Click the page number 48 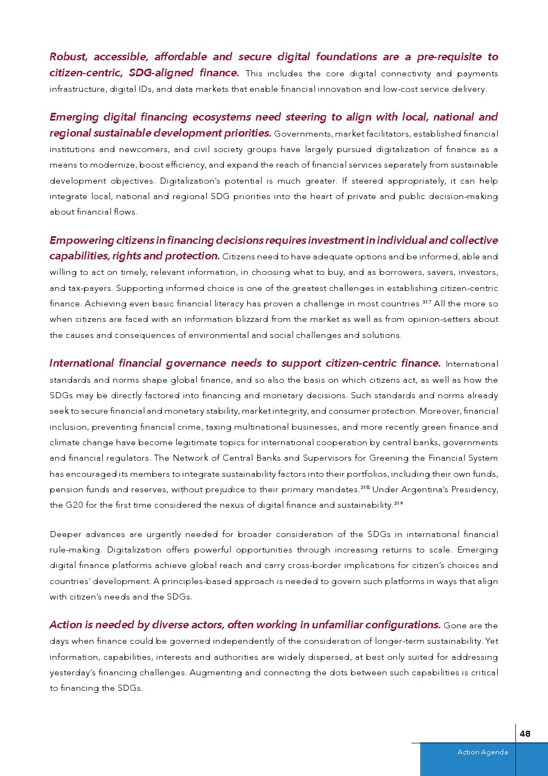pyautogui.click(x=525, y=733)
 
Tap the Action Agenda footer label pyautogui.click(x=482, y=752)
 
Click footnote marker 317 pyautogui.click(x=426, y=301)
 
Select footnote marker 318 pyautogui.click(x=365, y=487)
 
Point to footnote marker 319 pyautogui.click(x=398, y=503)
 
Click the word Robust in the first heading pyautogui.click(x=68, y=57)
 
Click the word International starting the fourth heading pyautogui.click(x=81, y=363)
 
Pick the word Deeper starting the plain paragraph pyautogui.click(x=65, y=534)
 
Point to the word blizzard pyautogui.click(x=288, y=319)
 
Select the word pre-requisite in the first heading pyautogui.click(x=449, y=57)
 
